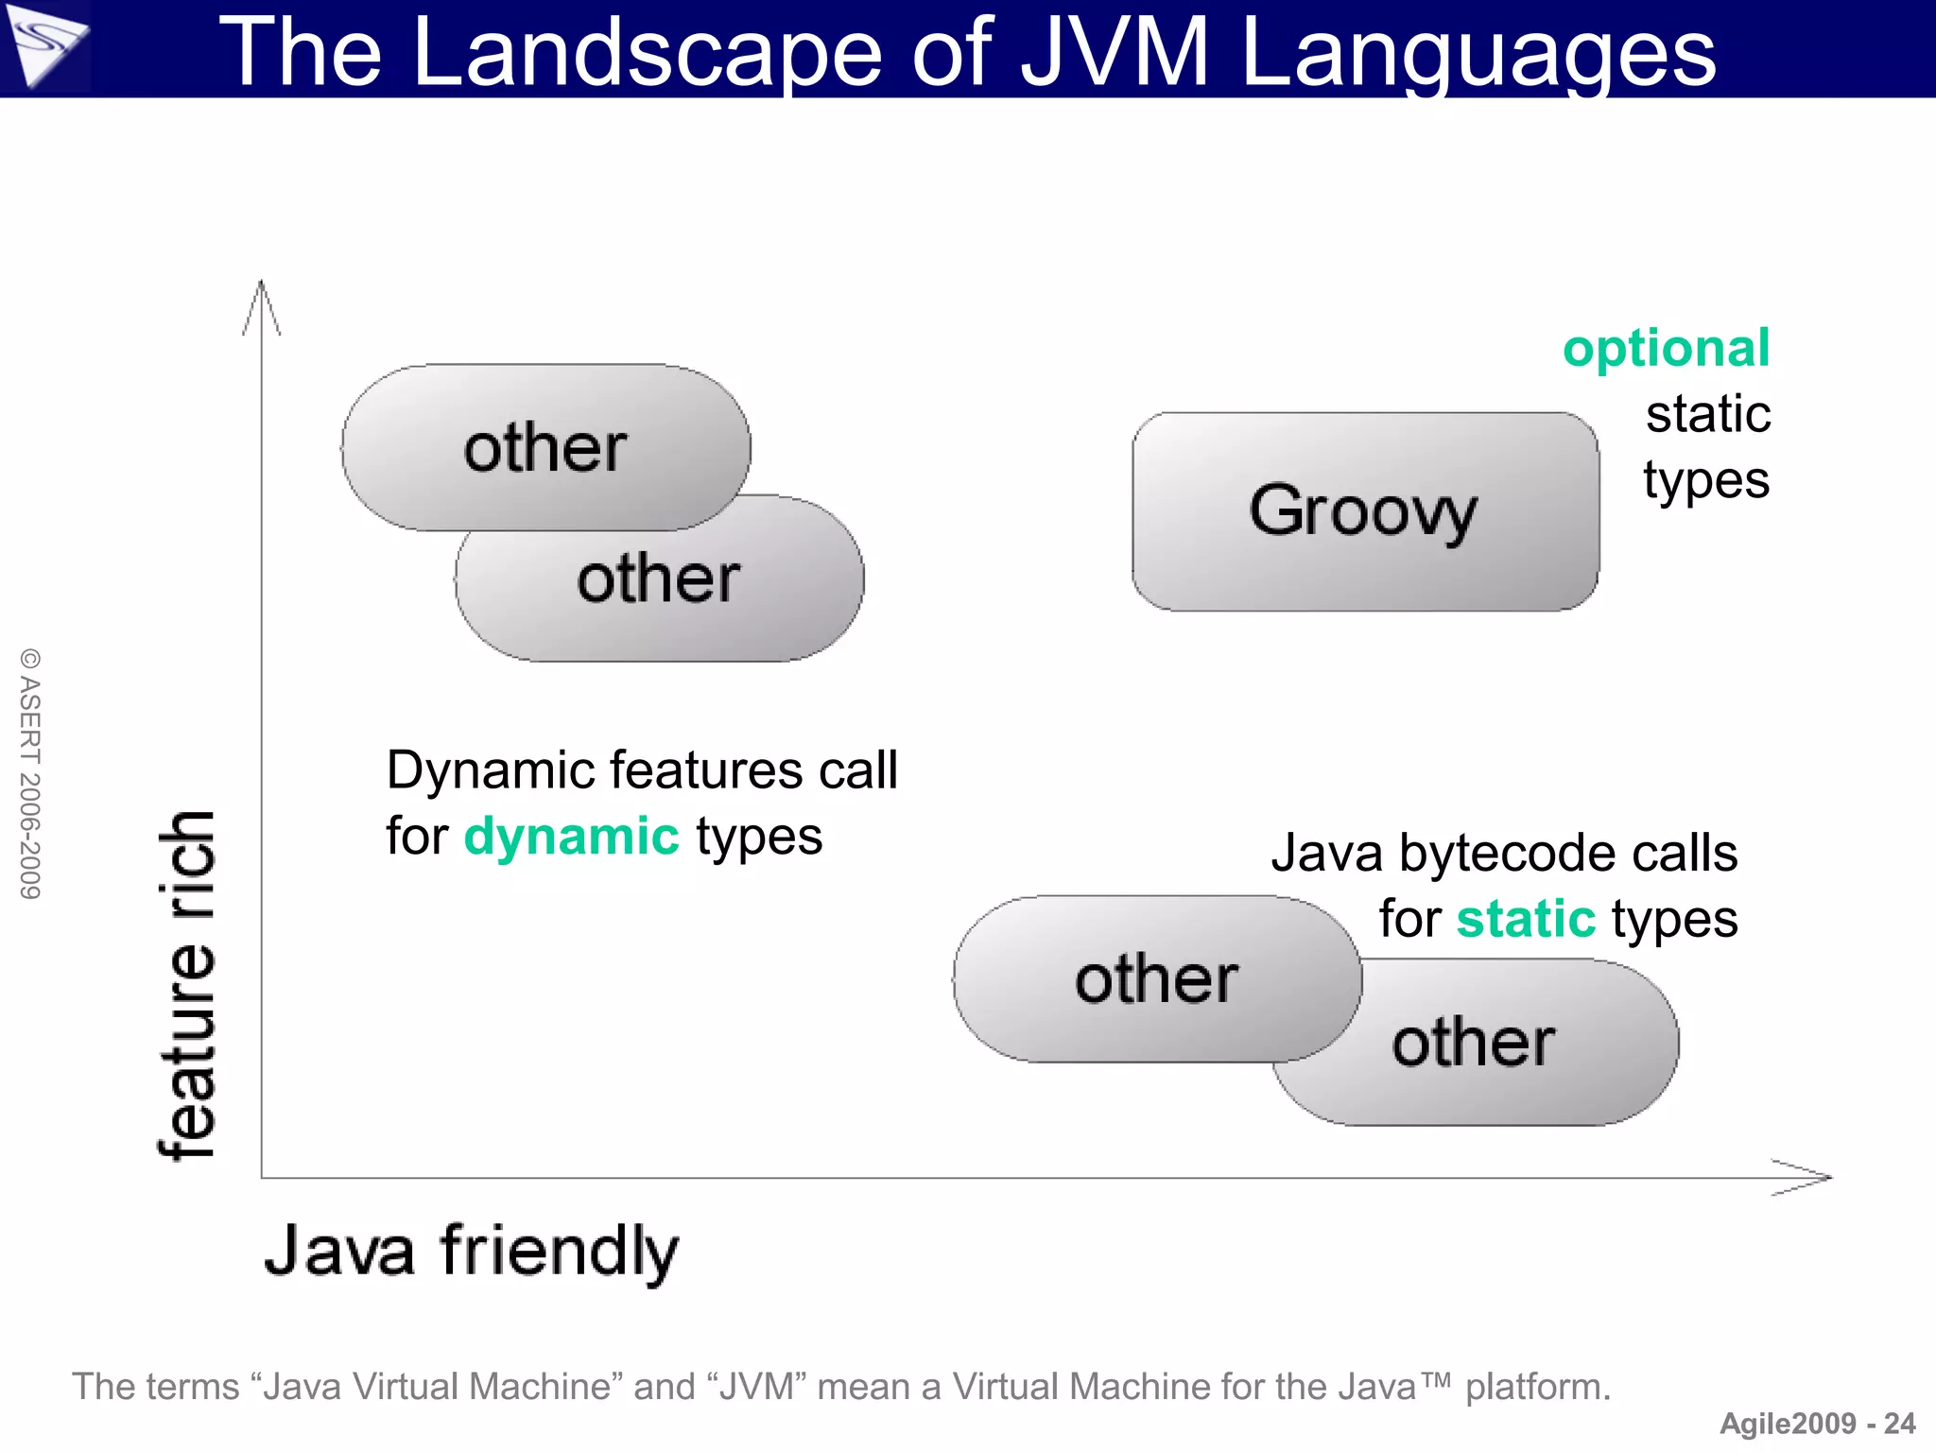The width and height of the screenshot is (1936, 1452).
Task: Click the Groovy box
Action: coord(1364,511)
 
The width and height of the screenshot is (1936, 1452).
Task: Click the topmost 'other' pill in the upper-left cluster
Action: coord(545,446)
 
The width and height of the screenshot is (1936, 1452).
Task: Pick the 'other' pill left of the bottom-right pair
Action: coord(1156,978)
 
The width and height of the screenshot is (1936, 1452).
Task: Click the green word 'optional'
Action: coord(1666,349)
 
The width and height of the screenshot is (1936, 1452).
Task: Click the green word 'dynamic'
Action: coord(571,837)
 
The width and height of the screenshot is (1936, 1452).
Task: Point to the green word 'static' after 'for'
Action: coord(1526,919)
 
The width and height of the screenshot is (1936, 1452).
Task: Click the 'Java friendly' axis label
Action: coord(471,1251)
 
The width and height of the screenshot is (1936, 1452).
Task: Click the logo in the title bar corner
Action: coord(44,47)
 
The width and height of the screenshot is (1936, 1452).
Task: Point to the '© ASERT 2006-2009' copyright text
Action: coord(31,773)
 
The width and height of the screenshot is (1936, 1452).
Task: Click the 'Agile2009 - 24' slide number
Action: coord(1817,1424)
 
